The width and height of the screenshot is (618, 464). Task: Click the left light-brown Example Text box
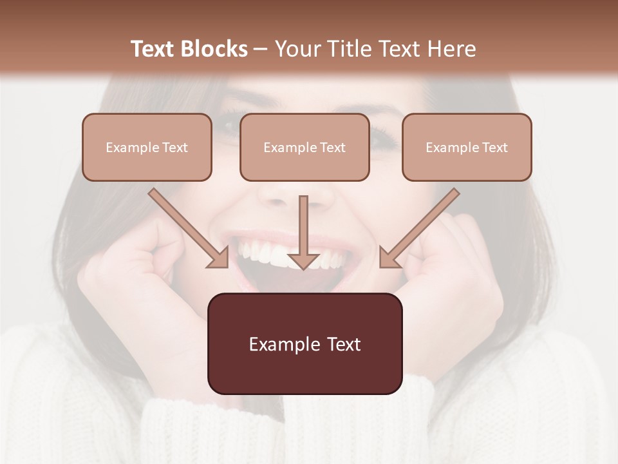[147, 147]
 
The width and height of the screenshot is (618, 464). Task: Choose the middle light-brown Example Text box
[304, 147]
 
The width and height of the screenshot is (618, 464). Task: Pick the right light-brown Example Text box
[467, 147]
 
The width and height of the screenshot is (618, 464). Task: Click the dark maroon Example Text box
[304, 343]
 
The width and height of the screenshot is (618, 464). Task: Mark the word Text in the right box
[495, 148]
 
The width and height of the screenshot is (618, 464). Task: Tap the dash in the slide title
[261, 49]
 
